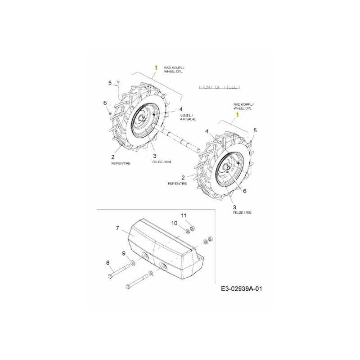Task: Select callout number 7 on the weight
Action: tap(117, 229)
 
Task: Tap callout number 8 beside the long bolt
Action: tap(108, 262)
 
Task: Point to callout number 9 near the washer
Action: tap(124, 253)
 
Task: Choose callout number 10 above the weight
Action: tap(174, 224)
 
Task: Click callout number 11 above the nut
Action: tap(183, 215)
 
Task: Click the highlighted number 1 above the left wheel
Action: tap(156, 67)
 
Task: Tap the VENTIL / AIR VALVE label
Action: tap(188, 117)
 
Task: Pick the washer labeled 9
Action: tap(133, 263)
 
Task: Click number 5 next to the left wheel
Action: tap(109, 82)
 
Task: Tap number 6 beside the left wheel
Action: tap(105, 103)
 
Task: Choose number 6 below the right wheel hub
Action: tap(244, 191)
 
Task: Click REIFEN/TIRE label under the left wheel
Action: tap(121, 163)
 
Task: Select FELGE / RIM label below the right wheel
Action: tap(243, 213)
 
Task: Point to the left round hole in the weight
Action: tap(144, 255)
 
